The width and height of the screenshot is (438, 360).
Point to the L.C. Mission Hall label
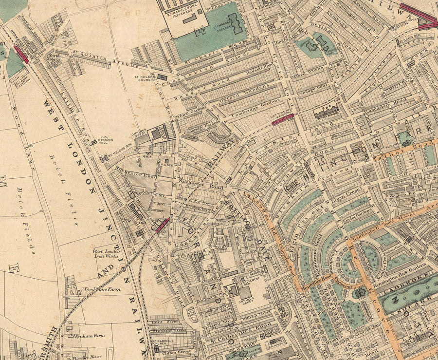105,140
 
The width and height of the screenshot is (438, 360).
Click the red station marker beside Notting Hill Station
282,119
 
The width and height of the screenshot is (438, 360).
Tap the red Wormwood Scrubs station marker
21,53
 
